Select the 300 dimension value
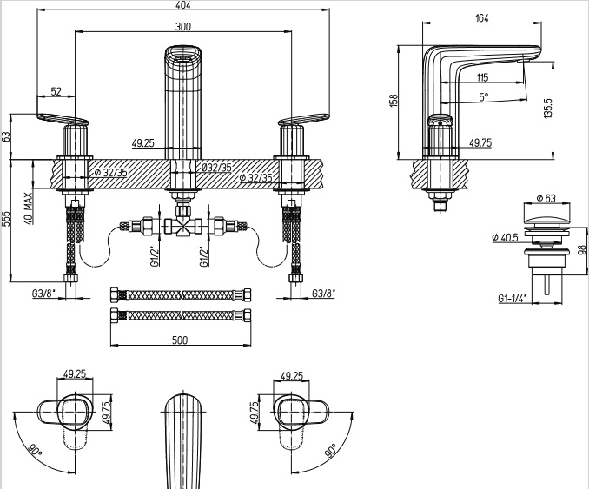[182, 27]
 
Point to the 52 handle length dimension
[56, 91]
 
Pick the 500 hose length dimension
[181, 340]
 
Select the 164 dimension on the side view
[483, 17]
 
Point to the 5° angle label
[482, 97]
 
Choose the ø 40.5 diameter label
[506, 237]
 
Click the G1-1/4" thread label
[514, 298]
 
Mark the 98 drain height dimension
[581, 250]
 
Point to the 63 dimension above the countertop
[6, 136]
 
